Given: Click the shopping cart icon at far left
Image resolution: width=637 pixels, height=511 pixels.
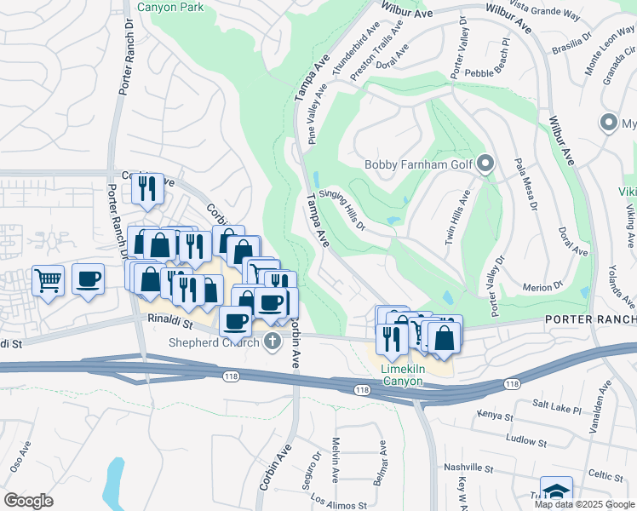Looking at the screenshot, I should point(49,279).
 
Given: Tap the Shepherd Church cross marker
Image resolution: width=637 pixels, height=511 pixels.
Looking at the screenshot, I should point(273,342).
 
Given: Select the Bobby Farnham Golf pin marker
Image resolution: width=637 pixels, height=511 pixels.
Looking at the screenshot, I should point(485,163).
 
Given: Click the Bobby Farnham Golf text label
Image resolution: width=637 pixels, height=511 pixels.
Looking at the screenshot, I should point(418,164).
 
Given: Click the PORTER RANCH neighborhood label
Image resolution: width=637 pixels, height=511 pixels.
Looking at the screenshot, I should point(590,319).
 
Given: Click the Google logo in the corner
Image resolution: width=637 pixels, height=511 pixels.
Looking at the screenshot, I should point(28,500).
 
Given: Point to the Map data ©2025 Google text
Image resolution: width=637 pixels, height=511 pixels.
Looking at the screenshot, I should point(583,504).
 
